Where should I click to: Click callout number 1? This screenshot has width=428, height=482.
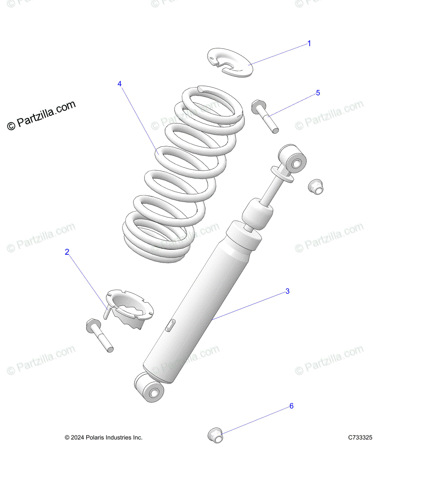click(x=309, y=43)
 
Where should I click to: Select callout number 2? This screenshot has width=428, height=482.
click(x=67, y=252)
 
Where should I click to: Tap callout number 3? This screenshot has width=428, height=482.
click(x=287, y=291)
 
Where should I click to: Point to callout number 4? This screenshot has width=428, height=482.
click(x=120, y=84)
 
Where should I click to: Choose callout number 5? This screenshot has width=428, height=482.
click(x=318, y=93)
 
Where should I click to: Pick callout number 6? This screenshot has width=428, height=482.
click(x=291, y=406)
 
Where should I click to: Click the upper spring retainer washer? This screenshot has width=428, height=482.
click(x=230, y=62)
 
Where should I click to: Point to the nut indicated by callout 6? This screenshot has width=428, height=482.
click(x=216, y=435)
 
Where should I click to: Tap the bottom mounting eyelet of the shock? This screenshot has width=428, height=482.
click(x=149, y=388)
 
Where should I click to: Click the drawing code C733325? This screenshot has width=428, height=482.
click(x=360, y=437)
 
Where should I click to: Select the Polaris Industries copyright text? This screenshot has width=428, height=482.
click(x=104, y=437)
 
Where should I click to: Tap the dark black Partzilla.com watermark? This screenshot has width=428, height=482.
click(x=42, y=115)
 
